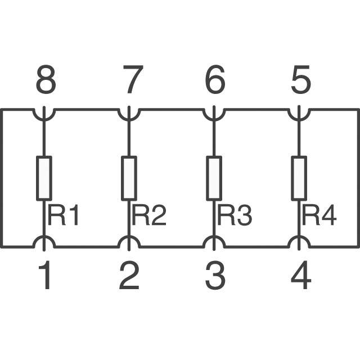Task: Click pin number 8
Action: coord(46,79)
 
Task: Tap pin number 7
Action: coord(133,79)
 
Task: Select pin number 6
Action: coord(215,79)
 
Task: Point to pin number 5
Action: coord(301,79)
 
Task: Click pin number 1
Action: coord(45,275)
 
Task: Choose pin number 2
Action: coord(129,275)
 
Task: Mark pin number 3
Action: coord(215,275)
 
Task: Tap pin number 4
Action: coord(301,275)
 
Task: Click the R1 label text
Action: coord(64,215)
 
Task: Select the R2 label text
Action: coord(149,215)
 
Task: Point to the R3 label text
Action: coord(235,215)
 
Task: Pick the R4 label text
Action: coord(319,215)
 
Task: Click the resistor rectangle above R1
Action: coord(44,178)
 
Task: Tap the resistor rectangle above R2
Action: coord(129,178)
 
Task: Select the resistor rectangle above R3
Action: coord(214,178)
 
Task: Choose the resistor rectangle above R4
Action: coord(299,178)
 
